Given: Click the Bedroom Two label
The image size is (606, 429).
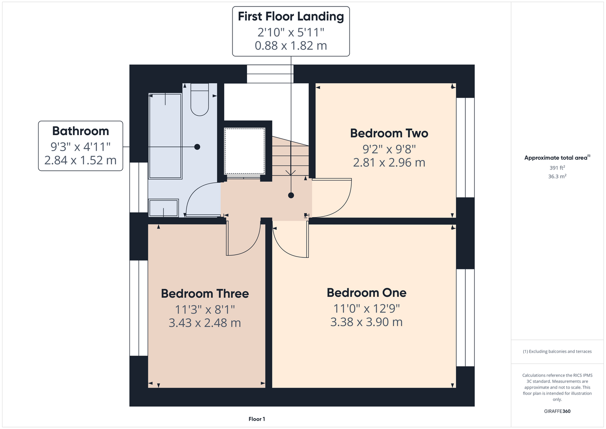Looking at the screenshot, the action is click(389, 133).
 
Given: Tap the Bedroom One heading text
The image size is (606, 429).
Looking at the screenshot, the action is click(367, 293).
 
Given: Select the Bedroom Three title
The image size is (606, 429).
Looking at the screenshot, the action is click(205, 293).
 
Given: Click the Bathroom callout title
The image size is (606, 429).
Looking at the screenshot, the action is click(81, 131).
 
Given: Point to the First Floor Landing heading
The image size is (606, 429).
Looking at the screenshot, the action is click(291, 16).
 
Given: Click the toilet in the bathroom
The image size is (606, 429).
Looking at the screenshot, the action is click(200, 100).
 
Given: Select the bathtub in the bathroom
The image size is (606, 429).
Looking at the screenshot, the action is click(165, 136).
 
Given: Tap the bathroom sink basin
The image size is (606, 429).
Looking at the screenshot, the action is click(163, 208).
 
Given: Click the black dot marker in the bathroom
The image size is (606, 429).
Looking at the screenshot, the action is click(197, 147).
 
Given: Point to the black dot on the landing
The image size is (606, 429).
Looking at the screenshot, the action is click(291, 195).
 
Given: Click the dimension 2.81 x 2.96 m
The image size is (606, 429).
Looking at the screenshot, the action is click(389, 163).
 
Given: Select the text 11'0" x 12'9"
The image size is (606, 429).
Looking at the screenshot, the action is click(367, 308).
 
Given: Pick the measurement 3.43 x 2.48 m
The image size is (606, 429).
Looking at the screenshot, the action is click(205, 323).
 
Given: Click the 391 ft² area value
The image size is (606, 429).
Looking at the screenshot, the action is click(557, 168).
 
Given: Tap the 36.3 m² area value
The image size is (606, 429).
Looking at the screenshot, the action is click(557, 176).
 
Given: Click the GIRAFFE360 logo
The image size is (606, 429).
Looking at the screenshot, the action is click(557, 411).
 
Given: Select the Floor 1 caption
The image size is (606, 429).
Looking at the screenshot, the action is click(257, 419).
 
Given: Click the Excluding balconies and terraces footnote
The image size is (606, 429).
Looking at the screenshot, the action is click(557, 351).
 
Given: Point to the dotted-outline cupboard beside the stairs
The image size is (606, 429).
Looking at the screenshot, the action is click(244, 151).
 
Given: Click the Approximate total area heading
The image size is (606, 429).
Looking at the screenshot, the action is click(557, 157).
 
